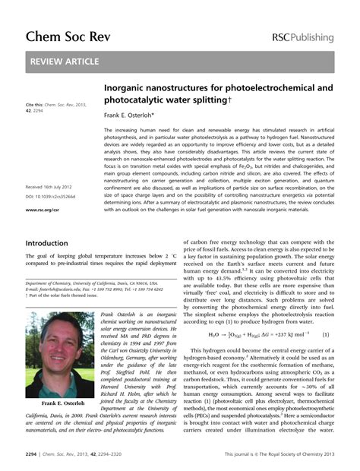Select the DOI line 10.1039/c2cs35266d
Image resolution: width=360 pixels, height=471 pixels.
coord(54,196)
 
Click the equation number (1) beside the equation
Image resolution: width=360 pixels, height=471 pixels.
coord(325,333)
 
